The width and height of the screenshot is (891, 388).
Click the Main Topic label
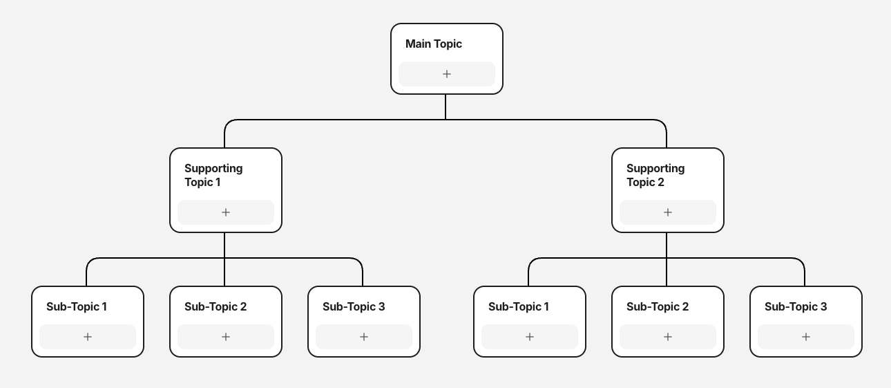point(433,44)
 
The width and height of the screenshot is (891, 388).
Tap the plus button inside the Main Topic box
point(447,74)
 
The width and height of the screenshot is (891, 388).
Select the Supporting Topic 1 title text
point(213,175)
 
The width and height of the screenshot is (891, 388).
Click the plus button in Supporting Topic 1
point(226,212)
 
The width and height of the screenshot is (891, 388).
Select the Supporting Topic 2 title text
point(655,175)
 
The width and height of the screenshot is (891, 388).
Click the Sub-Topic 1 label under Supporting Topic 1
point(76,307)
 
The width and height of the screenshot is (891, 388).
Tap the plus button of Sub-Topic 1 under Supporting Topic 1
point(88,337)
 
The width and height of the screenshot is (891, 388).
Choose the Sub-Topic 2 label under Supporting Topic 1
point(215,307)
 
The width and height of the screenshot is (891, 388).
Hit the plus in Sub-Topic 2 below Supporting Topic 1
point(226,337)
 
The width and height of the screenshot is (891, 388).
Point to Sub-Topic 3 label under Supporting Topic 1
point(353,307)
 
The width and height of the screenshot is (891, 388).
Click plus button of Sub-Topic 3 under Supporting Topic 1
point(364,337)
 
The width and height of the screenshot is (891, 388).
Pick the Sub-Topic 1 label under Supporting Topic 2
point(518,307)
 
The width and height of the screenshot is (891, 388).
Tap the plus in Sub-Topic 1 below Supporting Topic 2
point(530,337)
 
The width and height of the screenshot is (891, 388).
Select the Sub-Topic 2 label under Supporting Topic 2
point(657,307)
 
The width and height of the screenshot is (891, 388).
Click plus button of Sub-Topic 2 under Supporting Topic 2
point(668,337)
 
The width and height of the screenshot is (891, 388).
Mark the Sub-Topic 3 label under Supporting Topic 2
point(795,307)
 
